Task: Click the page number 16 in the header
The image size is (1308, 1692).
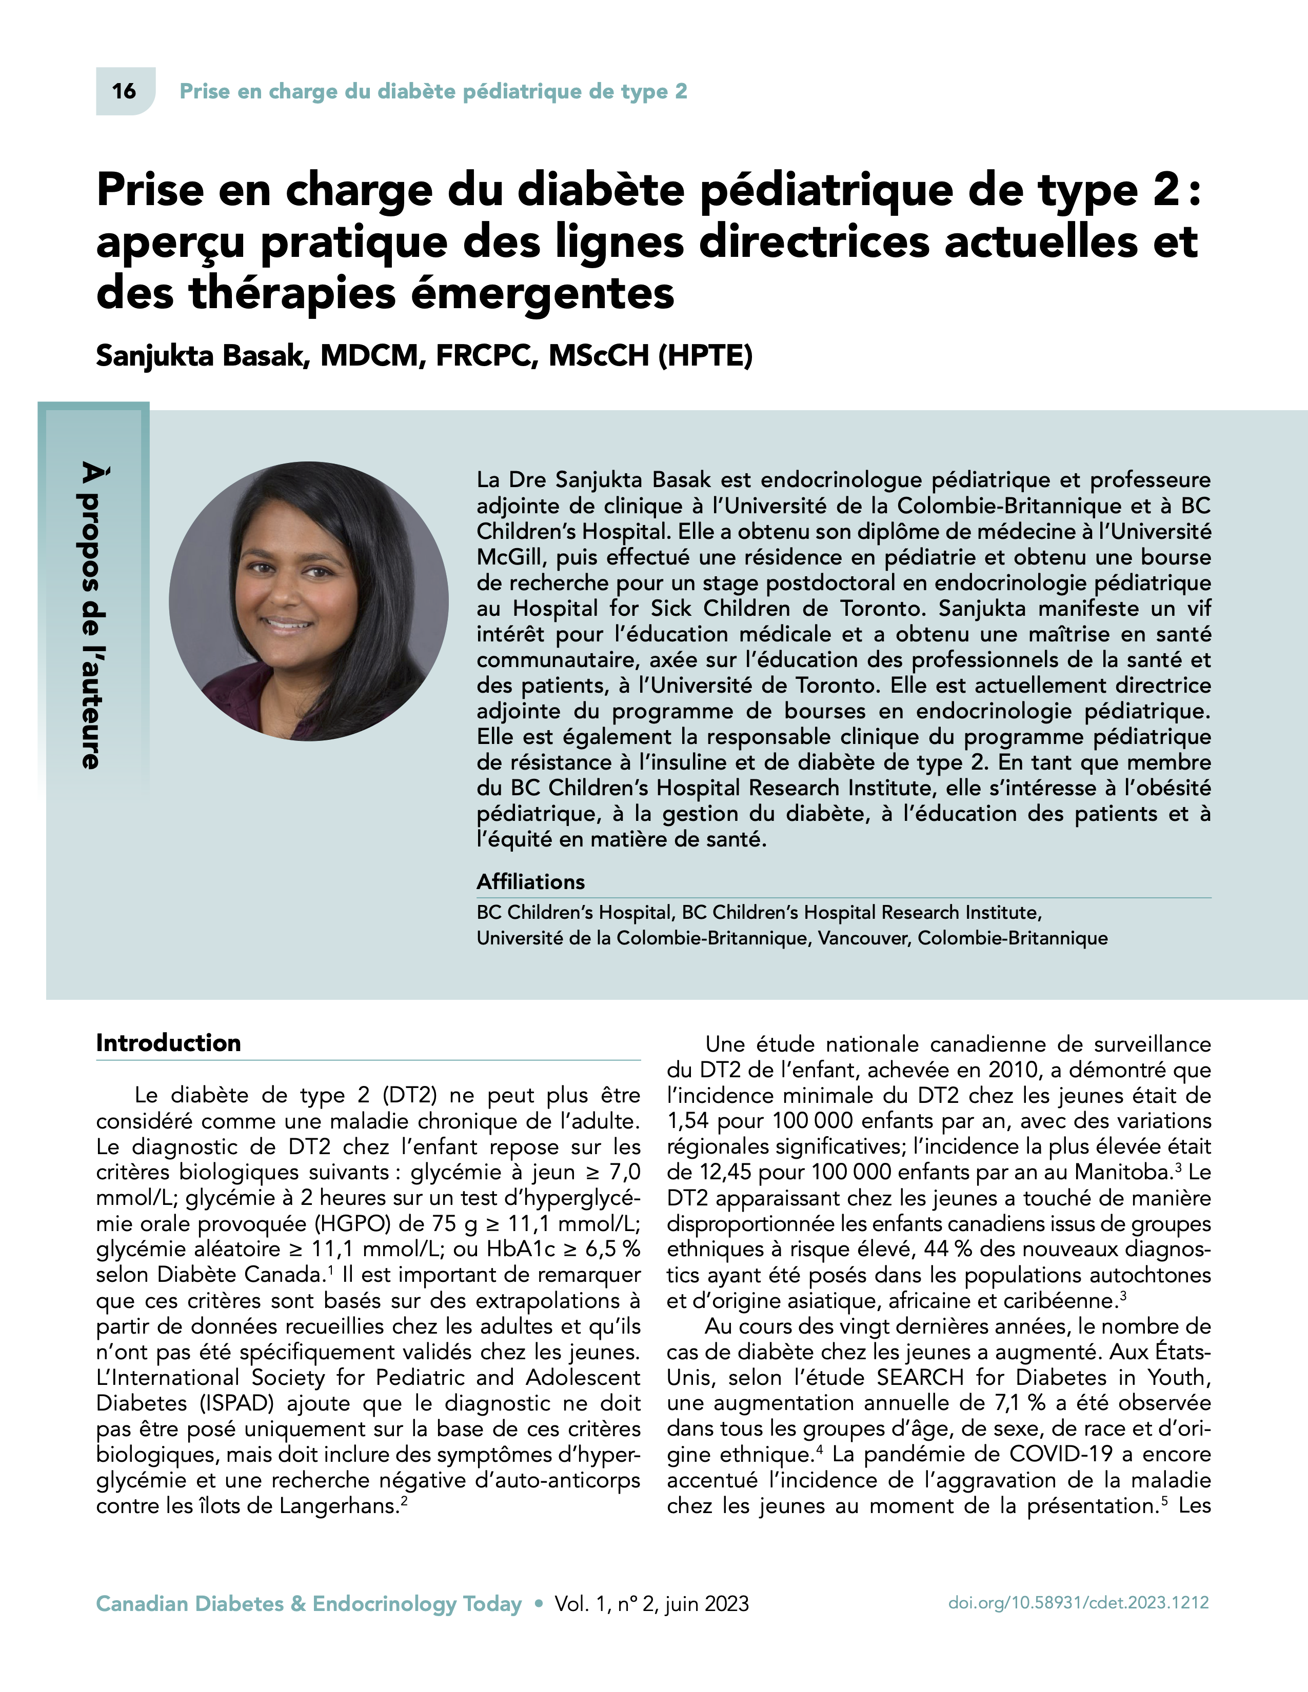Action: (x=124, y=91)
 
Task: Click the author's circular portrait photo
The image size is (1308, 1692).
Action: (x=308, y=601)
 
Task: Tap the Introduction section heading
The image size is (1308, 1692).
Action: (x=168, y=1043)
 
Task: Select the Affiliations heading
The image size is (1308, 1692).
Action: (x=530, y=882)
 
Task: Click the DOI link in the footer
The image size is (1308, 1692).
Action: (x=1078, y=1603)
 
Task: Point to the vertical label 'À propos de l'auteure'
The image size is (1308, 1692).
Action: (x=91, y=615)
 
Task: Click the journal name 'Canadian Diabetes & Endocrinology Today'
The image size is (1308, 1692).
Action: (x=308, y=1604)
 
